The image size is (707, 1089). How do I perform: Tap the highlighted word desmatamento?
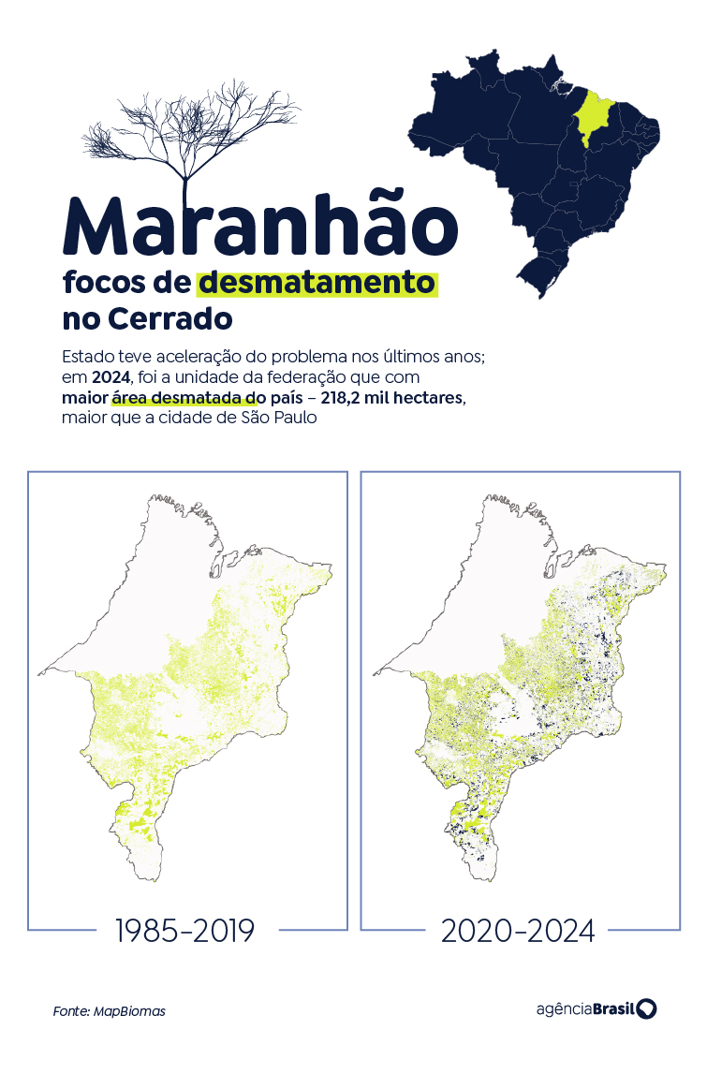317,283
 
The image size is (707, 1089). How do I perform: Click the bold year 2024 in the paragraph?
110,377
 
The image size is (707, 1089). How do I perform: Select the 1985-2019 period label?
184,931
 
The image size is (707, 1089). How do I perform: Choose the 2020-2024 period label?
518,931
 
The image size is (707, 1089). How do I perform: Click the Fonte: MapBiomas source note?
109,1011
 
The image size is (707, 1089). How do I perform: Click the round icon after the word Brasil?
647,1008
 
